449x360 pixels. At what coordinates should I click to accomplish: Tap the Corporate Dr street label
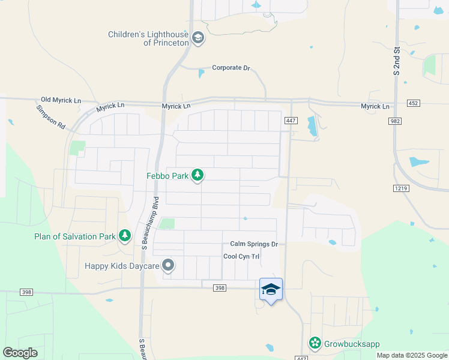tap(231, 68)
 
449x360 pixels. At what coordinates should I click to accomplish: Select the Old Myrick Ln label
tap(60, 100)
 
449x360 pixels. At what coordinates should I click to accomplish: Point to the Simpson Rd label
tap(50, 117)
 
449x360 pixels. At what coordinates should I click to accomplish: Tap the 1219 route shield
tap(401, 188)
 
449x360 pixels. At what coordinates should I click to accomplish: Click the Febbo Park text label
tap(167, 176)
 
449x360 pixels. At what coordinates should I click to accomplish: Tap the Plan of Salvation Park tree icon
tap(125, 236)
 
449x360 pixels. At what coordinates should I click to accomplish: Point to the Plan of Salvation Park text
tap(74, 236)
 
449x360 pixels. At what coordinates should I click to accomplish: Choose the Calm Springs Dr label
tap(255, 244)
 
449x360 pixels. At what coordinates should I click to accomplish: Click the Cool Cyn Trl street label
tap(241, 256)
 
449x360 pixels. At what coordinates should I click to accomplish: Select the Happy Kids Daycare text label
tap(121, 265)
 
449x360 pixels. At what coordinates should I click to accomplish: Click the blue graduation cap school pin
tap(271, 290)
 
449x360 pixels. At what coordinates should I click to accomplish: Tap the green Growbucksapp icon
tap(315, 343)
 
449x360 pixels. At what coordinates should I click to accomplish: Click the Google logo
tap(20, 353)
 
